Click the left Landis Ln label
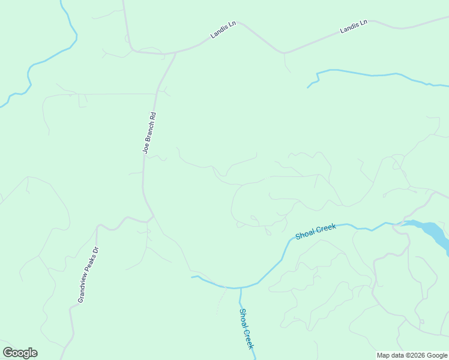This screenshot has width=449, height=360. point(223,30)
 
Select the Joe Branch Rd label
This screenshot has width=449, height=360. point(149,133)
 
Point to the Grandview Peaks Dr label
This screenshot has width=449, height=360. point(88,274)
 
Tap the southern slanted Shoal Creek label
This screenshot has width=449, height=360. point(247,328)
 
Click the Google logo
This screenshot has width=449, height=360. point(20,353)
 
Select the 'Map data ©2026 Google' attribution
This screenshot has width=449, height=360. point(412,355)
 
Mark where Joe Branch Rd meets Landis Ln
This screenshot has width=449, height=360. point(175,53)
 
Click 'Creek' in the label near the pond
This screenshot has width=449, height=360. point(325,228)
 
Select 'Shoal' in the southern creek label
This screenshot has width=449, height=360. point(243,318)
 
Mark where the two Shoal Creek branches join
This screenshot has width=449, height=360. point(240,287)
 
